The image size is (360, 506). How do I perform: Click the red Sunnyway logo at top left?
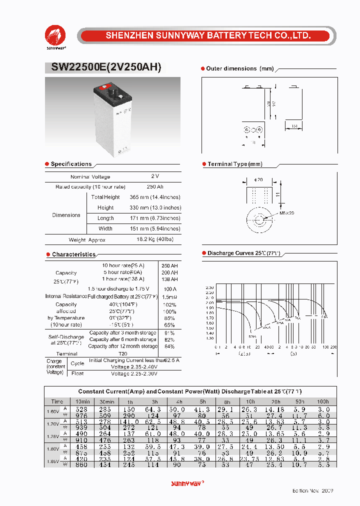click(x=55, y=35)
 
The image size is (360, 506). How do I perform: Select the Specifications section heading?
click(x=71, y=164)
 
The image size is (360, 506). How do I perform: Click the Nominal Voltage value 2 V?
click(x=154, y=176)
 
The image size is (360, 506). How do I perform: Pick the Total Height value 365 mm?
click(x=155, y=197)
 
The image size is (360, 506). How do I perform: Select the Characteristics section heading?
click(x=73, y=254)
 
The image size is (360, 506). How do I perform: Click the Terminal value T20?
click(x=122, y=353)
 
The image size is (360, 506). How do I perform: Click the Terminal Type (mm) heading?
click(x=234, y=164)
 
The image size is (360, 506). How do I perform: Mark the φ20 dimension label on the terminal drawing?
click(x=258, y=179)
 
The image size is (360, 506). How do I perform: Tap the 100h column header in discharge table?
click(x=322, y=401)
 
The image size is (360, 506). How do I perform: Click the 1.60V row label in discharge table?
click(x=53, y=411)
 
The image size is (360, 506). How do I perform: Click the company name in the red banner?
click(x=208, y=36)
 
